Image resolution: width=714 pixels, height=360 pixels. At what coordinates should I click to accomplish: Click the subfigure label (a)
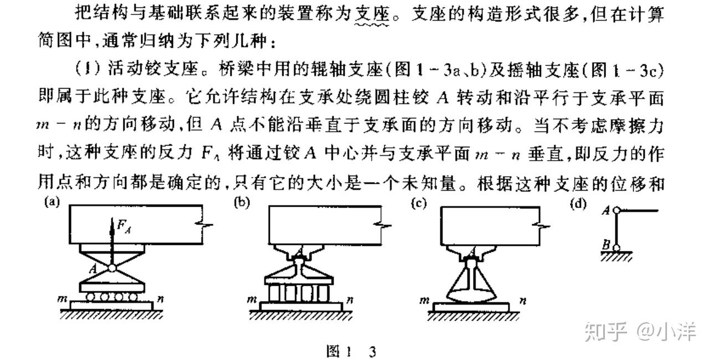coord(52,203)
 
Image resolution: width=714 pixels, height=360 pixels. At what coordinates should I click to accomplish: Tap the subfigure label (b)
coord(241,203)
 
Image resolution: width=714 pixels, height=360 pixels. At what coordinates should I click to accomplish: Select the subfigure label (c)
coord(418,203)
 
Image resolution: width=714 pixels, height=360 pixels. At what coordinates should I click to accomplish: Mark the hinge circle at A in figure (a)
coord(112,268)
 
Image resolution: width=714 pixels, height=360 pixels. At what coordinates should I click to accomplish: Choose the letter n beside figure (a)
coord(159,300)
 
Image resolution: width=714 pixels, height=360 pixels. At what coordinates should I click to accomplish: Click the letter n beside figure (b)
coord(350,300)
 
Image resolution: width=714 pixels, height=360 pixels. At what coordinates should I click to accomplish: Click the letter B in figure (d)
coord(607,243)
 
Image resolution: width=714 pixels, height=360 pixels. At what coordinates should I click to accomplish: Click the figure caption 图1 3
coord(352,352)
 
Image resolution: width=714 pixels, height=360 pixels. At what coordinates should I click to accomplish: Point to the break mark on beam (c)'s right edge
coord(543,226)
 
